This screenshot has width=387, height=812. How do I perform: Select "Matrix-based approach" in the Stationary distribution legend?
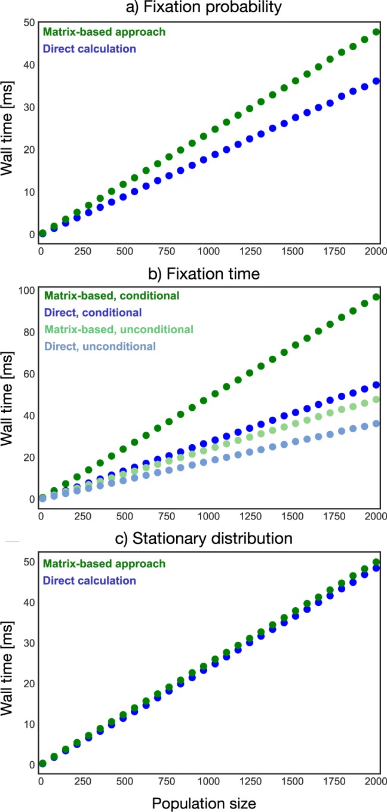(96, 564)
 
